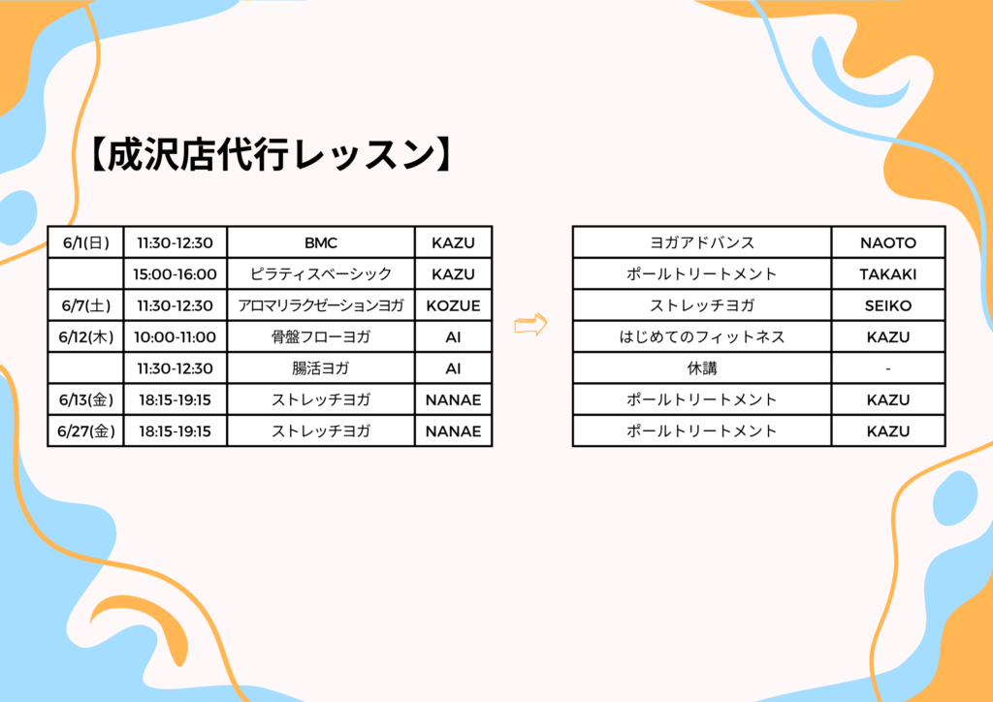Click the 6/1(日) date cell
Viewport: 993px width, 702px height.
coord(85,242)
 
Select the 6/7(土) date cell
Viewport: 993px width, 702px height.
coord(85,305)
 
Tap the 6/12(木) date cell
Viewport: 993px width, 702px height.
coord(85,336)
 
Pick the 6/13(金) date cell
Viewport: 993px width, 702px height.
coord(85,399)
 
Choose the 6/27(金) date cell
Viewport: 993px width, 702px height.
coord(85,431)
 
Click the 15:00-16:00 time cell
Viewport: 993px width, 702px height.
coord(175,274)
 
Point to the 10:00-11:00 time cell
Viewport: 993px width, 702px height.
coord(175,336)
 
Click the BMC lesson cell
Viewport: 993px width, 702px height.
coord(320,242)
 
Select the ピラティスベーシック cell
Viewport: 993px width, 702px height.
coord(320,274)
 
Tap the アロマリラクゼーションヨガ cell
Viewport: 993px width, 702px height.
coord(320,305)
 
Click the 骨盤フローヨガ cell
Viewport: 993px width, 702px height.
coord(320,336)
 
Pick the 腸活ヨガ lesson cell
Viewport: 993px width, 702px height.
coord(320,367)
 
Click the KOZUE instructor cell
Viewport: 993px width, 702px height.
coord(454,305)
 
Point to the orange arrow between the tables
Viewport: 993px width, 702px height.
coord(530,324)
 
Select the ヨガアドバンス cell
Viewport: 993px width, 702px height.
coord(702,242)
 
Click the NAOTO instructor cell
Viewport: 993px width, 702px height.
coord(888,242)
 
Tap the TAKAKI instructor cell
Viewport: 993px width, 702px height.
coord(888,274)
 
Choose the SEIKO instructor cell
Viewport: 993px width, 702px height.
coord(888,305)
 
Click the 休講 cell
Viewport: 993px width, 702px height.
coord(702,367)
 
